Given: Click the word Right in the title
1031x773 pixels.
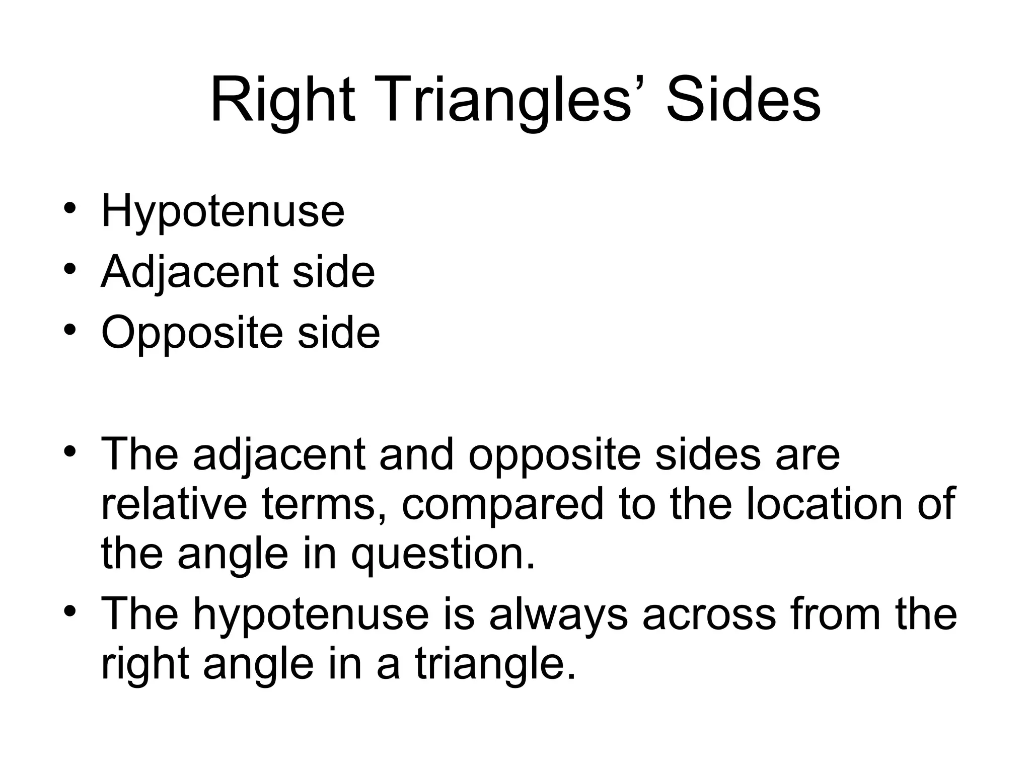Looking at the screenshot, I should point(282,101).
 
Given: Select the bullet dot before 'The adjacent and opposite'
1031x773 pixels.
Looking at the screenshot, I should point(70,450).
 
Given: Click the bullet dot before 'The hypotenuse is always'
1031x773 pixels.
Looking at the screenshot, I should point(70,610).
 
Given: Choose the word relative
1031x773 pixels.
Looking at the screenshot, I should point(174,504).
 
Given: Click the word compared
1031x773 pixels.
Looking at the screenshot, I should point(502,505).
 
